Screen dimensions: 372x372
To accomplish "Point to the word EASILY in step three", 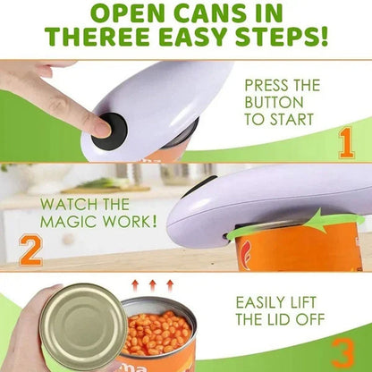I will tap(264, 303).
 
